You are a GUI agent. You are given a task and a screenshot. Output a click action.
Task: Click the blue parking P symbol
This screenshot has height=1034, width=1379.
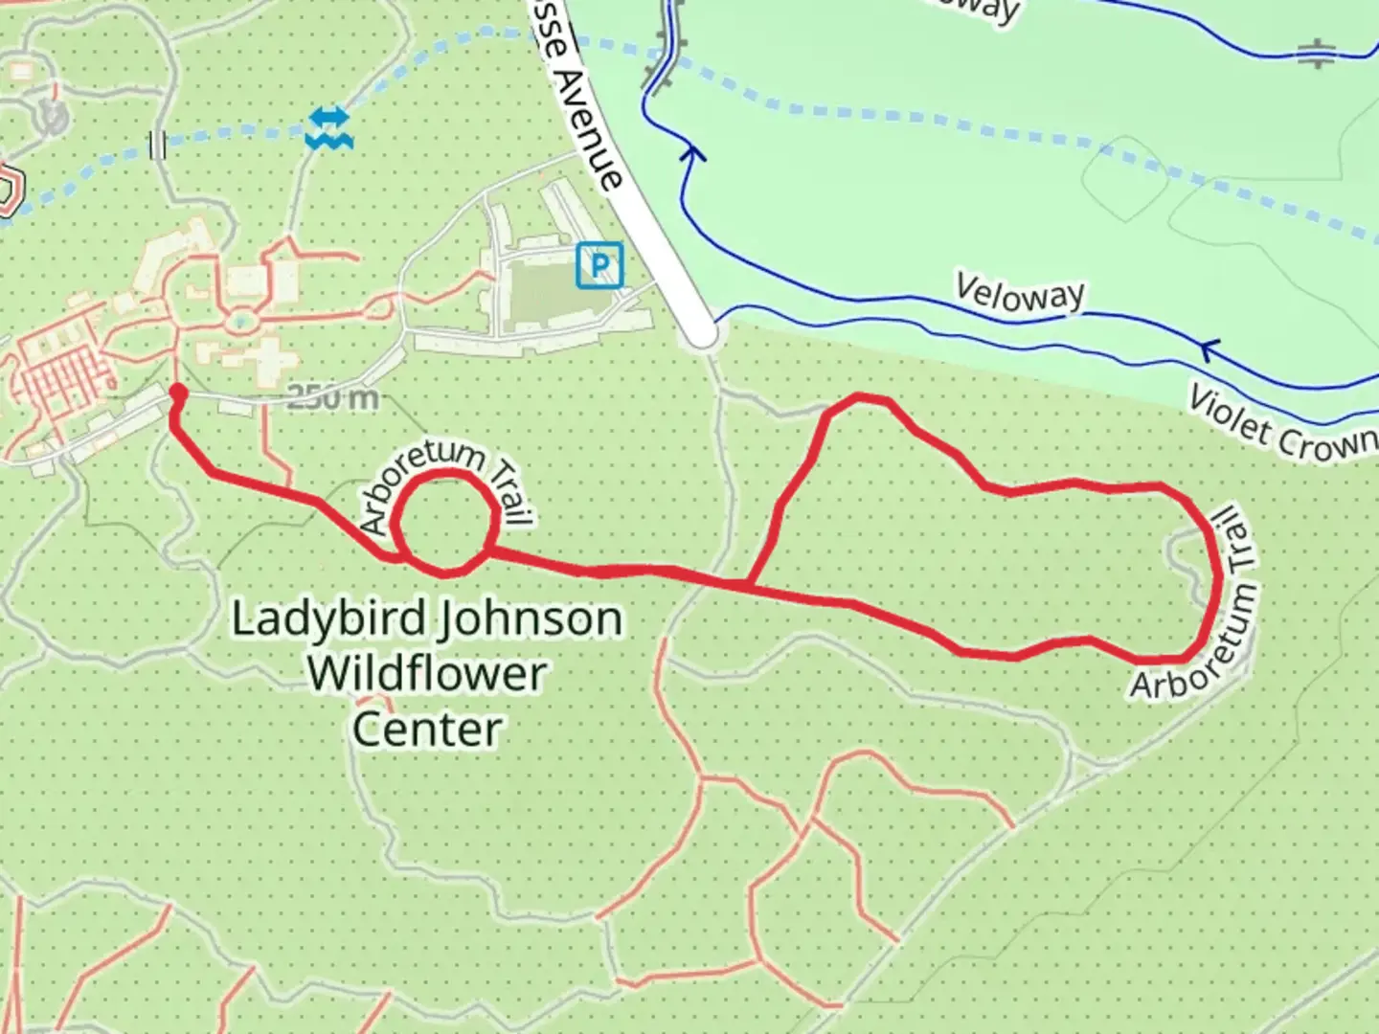click(599, 264)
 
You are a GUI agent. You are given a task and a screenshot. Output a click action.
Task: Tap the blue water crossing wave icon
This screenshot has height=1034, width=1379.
click(329, 128)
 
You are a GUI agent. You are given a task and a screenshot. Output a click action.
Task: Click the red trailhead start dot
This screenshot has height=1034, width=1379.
click(177, 392)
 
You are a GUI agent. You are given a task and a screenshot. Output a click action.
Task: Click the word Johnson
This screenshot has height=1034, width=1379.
click(530, 618)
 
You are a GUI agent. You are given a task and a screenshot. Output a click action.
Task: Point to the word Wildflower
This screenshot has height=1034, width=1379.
click(426, 673)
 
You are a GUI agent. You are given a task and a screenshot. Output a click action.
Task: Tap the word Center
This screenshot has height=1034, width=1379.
click(426, 729)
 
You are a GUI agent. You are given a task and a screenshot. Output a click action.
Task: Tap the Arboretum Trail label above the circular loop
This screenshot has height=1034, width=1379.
click(446, 483)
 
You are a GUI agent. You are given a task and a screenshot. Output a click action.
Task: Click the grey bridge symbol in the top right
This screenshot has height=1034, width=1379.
click(1317, 55)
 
